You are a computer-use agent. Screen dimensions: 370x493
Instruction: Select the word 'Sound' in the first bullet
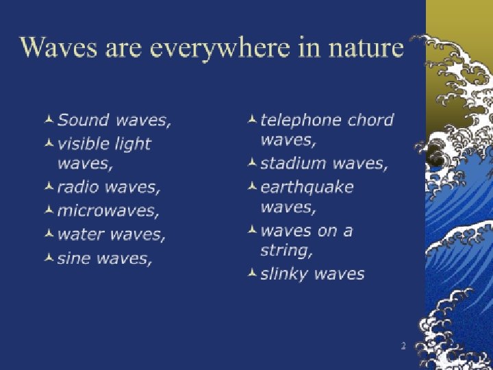(x=84, y=121)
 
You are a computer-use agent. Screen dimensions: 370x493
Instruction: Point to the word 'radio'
(x=77, y=187)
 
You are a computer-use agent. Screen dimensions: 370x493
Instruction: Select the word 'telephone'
(x=301, y=121)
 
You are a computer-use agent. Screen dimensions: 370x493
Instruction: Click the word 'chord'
(x=370, y=121)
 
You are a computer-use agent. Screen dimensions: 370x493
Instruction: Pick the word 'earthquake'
(x=307, y=187)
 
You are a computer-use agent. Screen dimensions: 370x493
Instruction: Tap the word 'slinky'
(x=282, y=274)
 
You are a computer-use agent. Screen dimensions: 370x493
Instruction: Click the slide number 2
(x=403, y=346)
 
